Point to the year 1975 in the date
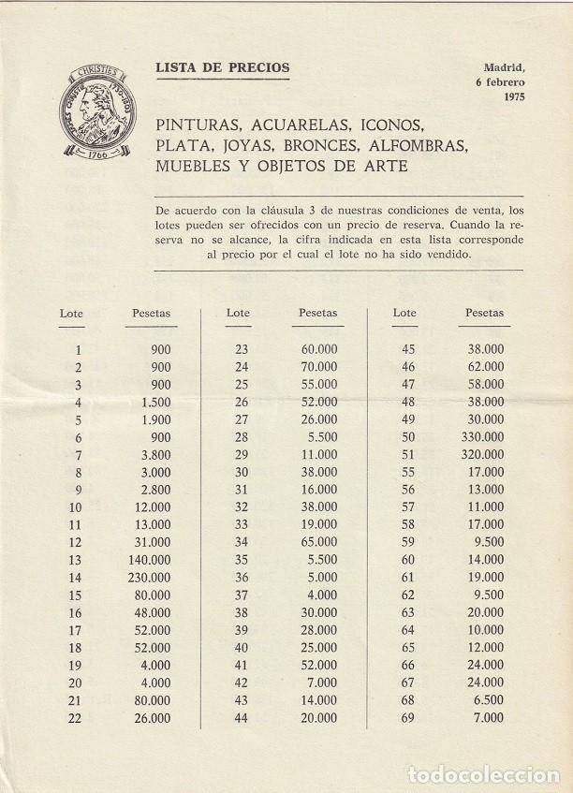point(514,96)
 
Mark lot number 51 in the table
point(406,457)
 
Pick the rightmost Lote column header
point(405,313)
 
